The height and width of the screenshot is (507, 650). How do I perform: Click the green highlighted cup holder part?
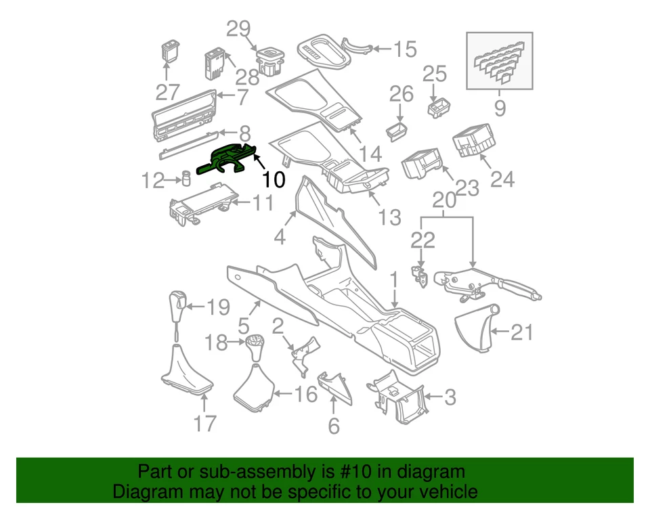[x=227, y=159]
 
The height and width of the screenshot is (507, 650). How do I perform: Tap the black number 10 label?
[x=274, y=179]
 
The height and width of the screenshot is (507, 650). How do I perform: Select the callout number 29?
[x=238, y=28]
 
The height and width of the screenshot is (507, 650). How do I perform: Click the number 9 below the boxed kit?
[x=500, y=107]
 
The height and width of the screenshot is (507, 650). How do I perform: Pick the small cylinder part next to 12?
[x=183, y=179]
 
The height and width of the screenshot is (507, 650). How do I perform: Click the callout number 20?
[x=444, y=201]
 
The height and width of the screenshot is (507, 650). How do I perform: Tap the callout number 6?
[x=334, y=426]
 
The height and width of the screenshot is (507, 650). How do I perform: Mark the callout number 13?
[x=390, y=218]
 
